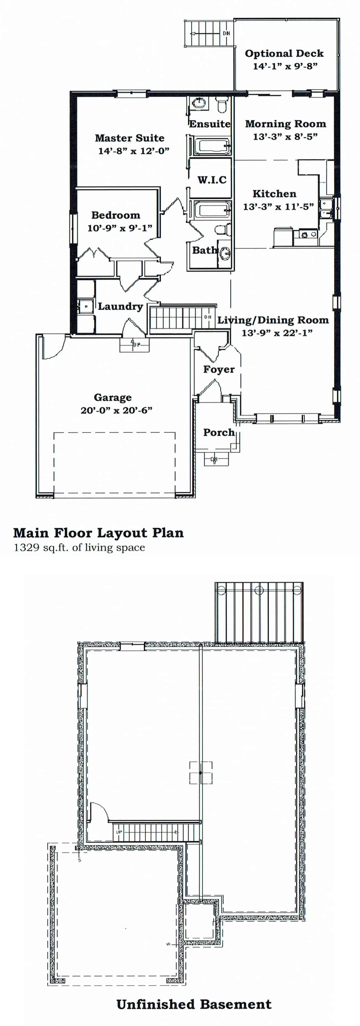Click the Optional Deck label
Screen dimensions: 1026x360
284,53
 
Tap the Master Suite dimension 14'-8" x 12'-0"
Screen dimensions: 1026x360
134,151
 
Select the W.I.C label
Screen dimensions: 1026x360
212,180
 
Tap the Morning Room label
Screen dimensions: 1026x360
285,124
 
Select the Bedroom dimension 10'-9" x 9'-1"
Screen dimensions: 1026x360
119,228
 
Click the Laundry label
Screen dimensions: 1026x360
120,306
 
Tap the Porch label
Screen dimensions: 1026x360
219,432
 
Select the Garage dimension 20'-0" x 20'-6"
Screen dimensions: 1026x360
116,410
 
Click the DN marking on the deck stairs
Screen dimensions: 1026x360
226,33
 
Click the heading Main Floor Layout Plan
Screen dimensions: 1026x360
98,533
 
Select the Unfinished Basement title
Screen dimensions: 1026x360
194,1004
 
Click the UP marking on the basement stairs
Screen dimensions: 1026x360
119,832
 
